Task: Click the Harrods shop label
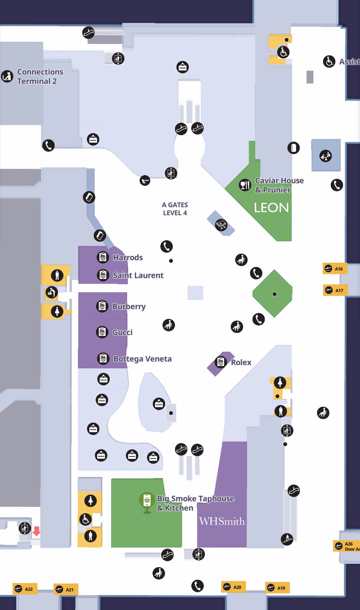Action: click(x=127, y=258)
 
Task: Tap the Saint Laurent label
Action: click(x=138, y=275)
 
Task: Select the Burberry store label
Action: click(x=129, y=306)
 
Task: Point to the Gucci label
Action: click(x=122, y=332)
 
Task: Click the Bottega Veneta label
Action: click(x=142, y=359)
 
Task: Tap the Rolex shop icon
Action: click(x=221, y=362)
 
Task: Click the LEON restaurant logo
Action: click(x=271, y=208)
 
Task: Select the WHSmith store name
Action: click(x=222, y=521)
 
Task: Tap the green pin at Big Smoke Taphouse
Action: click(x=147, y=502)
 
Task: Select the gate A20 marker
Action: click(x=233, y=587)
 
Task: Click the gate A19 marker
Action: click(x=277, y=587)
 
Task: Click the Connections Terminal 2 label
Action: click(x=40, y=76)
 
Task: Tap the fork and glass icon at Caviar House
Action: click(x=245, y=185)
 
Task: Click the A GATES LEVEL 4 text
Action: click(x=175, y=209)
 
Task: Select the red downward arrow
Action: click(x=36, y=531)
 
